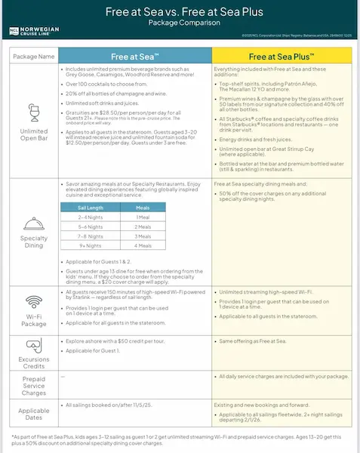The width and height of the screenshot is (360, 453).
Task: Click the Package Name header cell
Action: (x=32, y=56)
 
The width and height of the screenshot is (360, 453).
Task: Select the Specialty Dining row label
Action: (x=32, y=248)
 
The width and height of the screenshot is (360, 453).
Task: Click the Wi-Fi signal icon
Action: (x=32, y=300)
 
